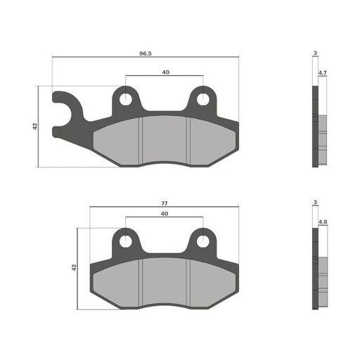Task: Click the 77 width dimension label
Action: [164, 203]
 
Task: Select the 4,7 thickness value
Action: [322, 73]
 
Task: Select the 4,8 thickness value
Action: [322, 222]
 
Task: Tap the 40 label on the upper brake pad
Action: [165, 72]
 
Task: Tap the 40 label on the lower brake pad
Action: [164, 213]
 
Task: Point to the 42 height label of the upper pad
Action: [35, 127]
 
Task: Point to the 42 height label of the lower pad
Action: [74, 268]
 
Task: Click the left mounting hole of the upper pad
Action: [127, 99]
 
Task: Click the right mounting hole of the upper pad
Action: [202, 99]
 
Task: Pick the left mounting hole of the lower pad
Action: [127, 241]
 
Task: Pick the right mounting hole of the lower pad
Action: [202, 241]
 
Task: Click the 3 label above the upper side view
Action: [316, 53]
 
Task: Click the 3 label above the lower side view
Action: [316, 202]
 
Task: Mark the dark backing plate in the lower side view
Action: [315, 271]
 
